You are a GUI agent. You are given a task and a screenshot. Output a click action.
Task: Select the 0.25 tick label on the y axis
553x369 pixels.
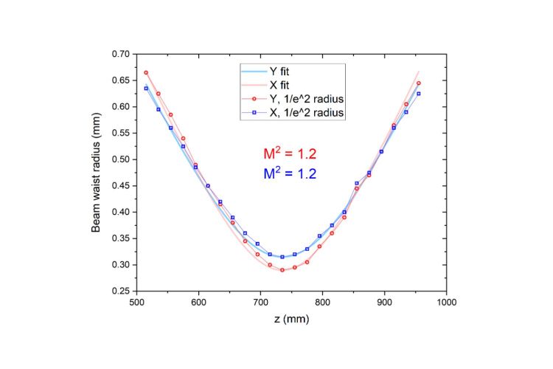tap(121, 291)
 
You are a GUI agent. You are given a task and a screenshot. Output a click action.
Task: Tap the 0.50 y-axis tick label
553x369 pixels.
tap(121, 159)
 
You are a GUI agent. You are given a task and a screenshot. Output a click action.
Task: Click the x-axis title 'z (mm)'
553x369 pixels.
tap(291, 319)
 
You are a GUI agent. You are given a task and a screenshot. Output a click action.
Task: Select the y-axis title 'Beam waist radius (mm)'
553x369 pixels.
tap(97, 172)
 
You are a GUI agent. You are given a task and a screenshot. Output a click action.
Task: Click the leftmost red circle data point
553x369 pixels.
tap(146, 72)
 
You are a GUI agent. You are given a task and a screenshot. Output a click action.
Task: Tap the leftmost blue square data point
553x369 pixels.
tap(146, 89)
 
